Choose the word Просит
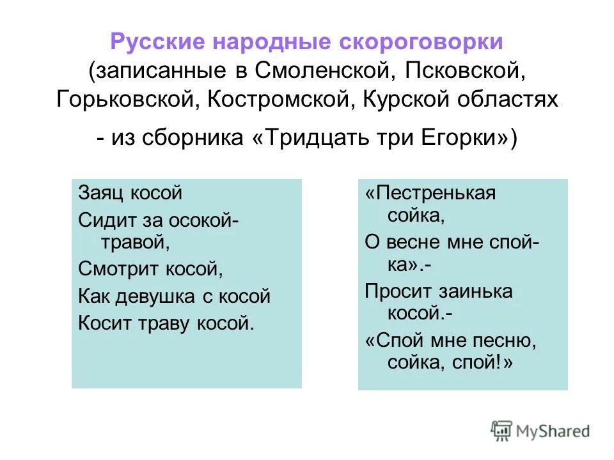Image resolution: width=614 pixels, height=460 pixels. pyautogui.click(x=397, y=291)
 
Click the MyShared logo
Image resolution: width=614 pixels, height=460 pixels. pyautogui.click(x=541, y=431)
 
